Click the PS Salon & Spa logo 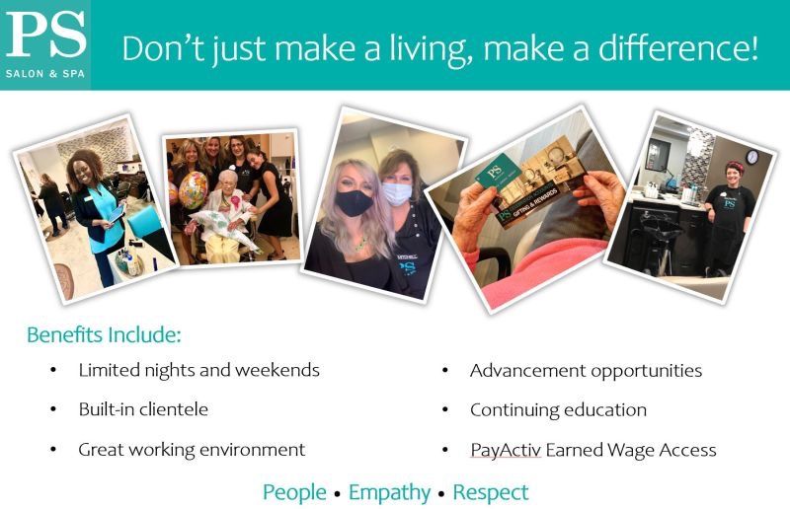tap(45, 44)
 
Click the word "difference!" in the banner tap(678, 48)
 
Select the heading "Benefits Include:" tap(104, 334)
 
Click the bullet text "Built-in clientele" tap(143, 408)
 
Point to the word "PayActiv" tap(506, 450)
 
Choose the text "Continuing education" tap(558, 409)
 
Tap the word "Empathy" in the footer tap(389, 493)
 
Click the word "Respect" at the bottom tap(491, 492)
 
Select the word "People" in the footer tap(294, 493)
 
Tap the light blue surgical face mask tap(397, 193)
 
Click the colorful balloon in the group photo tap(193, 189)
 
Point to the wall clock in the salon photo tap(751, 157)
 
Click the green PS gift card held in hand tap(499, 174)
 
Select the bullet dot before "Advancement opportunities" tap(445, 371)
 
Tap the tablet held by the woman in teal tap(116, 214)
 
